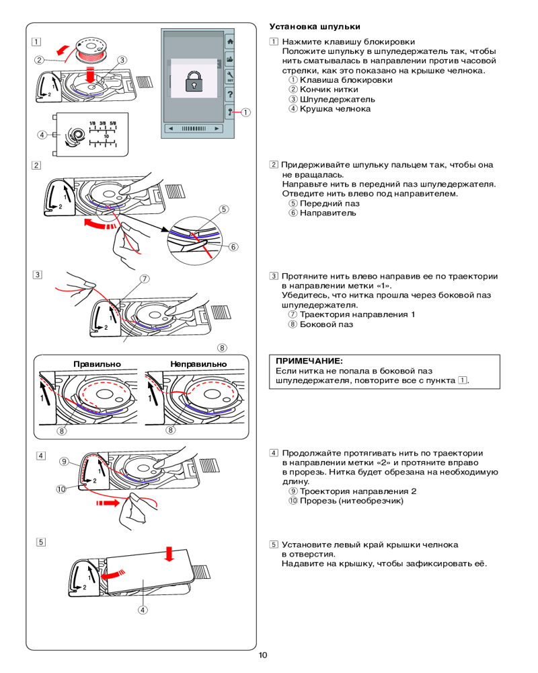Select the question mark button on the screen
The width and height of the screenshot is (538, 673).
(230, 94)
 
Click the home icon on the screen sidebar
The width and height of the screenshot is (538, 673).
(230, 42)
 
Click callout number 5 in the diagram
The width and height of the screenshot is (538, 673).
(223, 209)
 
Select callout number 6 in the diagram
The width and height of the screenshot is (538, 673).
(235, 247)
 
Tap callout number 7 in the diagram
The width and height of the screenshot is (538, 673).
(145, 279)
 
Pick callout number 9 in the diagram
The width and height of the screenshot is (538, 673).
(63, 462)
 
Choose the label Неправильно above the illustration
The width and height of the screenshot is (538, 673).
(198, 363)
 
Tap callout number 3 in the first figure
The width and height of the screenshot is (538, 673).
(122, 60)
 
